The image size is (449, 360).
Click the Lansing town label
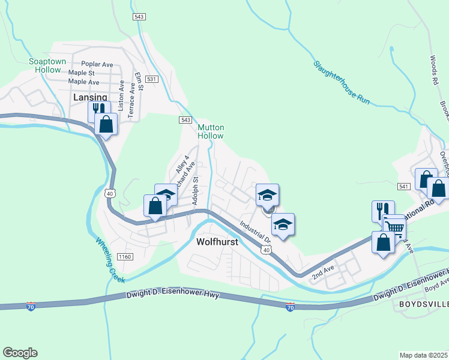90,97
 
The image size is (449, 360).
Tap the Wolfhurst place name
217,242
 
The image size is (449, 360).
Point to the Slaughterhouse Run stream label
341,83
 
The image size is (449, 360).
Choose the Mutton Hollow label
211,131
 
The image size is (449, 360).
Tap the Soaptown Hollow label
47,65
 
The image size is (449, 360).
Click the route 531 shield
152,79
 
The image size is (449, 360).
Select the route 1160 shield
124,257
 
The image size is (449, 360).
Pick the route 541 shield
403,187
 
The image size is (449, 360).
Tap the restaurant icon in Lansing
99,111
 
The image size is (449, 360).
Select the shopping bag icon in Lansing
106,124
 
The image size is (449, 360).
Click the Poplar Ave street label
97,64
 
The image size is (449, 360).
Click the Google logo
20,353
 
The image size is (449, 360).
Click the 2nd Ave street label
322,272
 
